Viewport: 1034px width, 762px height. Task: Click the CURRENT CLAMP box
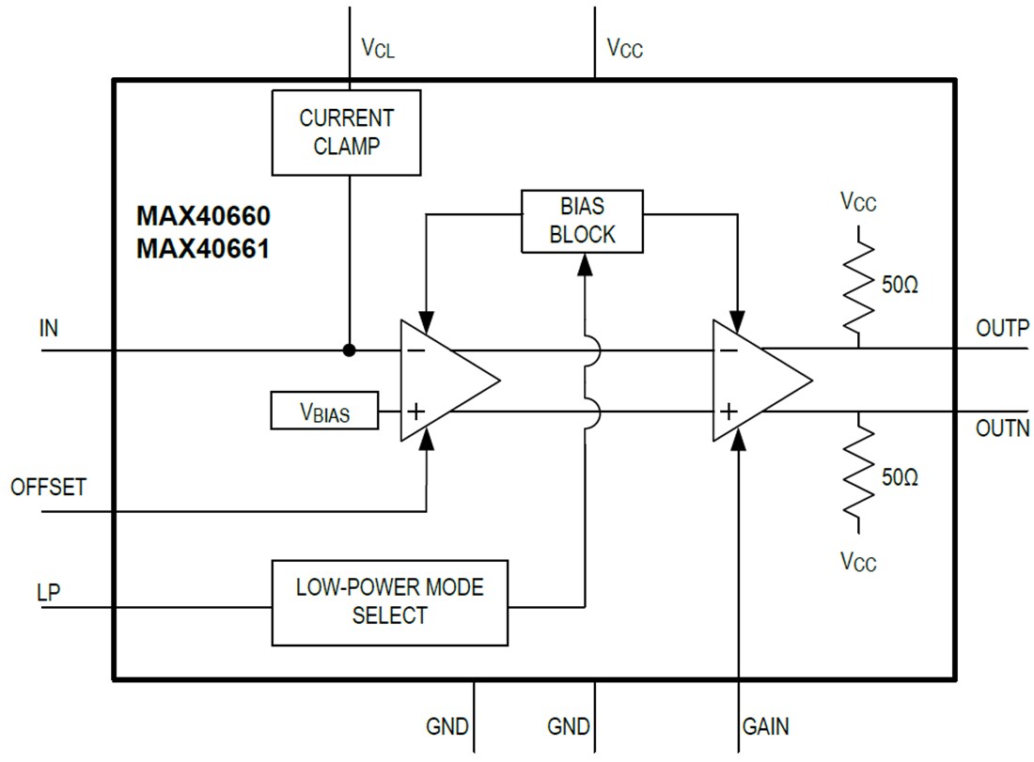tap(346, 132)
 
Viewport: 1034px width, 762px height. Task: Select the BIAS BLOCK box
tap(582, 221)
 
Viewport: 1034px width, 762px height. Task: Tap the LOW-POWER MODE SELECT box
tap(389, 602)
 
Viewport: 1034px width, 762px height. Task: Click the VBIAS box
tap(324, 412)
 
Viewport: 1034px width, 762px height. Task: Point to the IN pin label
tap(48, 329)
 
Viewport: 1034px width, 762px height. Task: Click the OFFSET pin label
tap(48, 488)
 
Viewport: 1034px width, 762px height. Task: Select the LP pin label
tap(48, 594)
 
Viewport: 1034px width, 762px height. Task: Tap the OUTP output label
tap(1002, 329)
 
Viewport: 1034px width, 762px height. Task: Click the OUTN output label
tap(1002, 428)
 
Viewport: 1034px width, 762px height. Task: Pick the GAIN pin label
tap(765, 726)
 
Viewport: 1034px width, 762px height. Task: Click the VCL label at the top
tap(378, 48)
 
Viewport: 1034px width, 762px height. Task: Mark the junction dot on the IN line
tap(349, 350)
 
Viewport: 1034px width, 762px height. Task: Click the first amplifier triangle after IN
tap(442, 380)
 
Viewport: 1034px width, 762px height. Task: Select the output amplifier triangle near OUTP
tap(754, 380)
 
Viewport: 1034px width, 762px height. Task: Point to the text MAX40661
tap(203, 250)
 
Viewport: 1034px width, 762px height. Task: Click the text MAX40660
tap(203, 217)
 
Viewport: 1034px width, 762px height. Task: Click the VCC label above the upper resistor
tap(858, 202)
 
